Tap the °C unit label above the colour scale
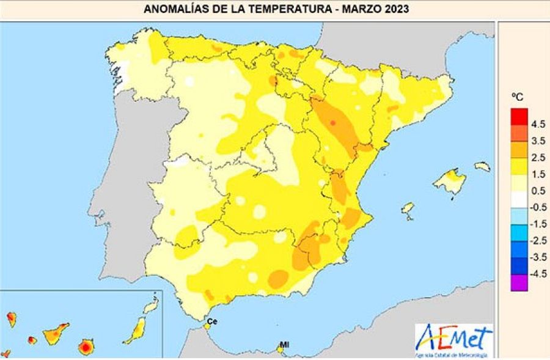[x=518, y=97]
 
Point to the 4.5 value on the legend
[x=538, y=124]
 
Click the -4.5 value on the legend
[x=537, y=273]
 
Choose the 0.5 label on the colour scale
[x=538, y=191]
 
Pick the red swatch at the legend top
[x=519, y=116]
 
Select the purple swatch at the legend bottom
[x=519, y=282]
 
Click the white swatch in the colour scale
[x=519, y=199]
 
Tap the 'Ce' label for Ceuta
[x=213, y=321]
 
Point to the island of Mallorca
[x=453, y=181]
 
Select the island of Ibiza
[x=408, y=209]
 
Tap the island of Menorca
[x=482, y=166]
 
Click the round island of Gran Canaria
[x=86, y=347]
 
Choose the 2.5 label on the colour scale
[x=538, y=158]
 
